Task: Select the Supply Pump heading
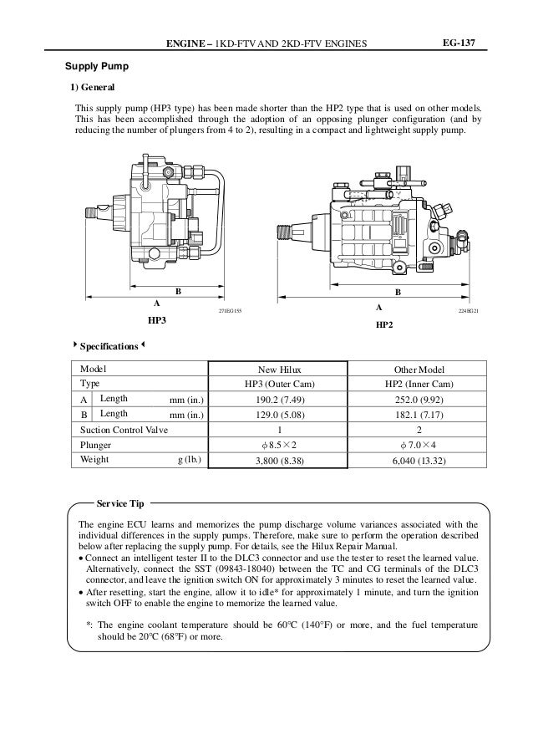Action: [98, 65]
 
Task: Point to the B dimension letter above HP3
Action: [177, 291]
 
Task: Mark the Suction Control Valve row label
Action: [124, 429]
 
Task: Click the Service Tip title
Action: [120, 504]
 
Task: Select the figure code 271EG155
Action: [229, 310]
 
